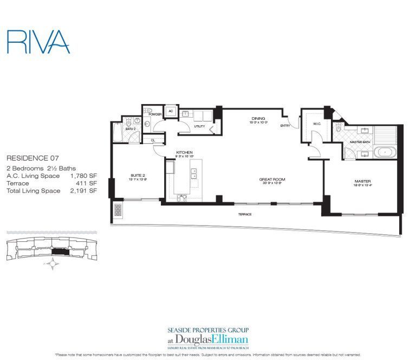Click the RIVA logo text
(x=38, y=41)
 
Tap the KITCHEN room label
(x=185, y=152)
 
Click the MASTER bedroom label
(x=363, y=181)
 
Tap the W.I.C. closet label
(x=302, y=124)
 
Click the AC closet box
(x=170, y=111)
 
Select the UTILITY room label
(x=199, y=126)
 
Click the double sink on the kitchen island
(x=193, y=173)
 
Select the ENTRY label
(x=285, y=126)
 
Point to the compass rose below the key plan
(x=53, y=265)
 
